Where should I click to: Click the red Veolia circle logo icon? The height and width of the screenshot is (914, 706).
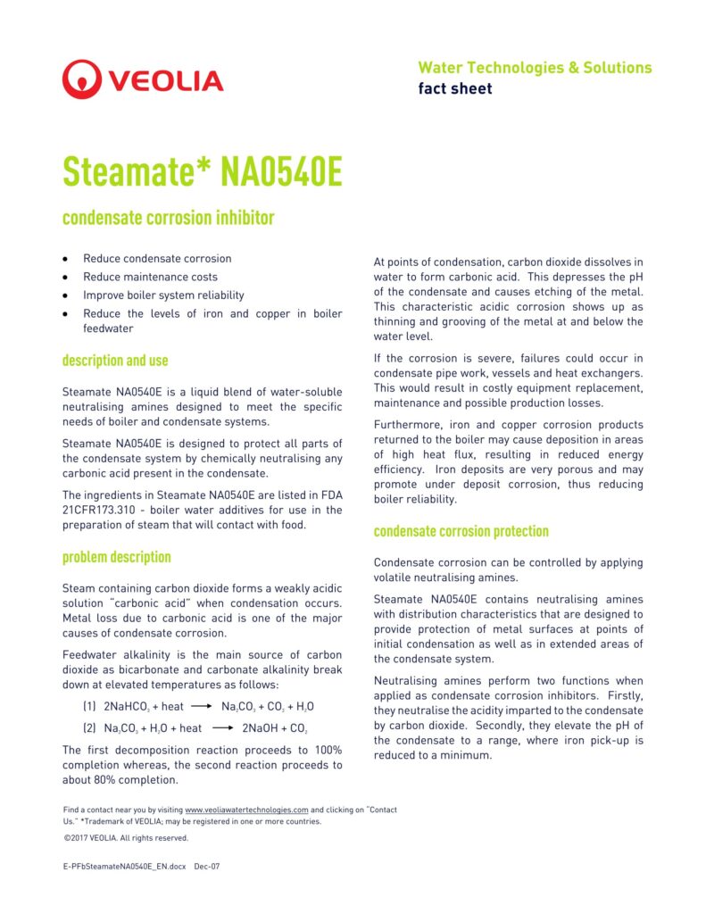81,79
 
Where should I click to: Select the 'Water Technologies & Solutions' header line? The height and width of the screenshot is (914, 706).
535,68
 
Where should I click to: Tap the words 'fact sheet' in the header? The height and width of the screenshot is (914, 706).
455,88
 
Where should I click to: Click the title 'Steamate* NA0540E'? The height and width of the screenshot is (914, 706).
203,172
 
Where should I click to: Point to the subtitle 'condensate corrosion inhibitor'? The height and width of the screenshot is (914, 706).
169,218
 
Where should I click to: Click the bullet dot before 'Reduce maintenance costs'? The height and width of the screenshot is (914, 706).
65,278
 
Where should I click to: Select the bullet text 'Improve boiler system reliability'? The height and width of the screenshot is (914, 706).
163,295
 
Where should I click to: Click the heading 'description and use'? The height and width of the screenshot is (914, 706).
115,361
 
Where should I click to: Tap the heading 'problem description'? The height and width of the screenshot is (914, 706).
116,557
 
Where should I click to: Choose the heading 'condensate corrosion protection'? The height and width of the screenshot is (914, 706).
461,531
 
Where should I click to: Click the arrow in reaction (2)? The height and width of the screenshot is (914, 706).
222,728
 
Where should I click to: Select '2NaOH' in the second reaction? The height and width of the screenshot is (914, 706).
263,728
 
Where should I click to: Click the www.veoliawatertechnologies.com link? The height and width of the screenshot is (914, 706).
246,810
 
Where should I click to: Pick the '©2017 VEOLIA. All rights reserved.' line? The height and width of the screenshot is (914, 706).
126,838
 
